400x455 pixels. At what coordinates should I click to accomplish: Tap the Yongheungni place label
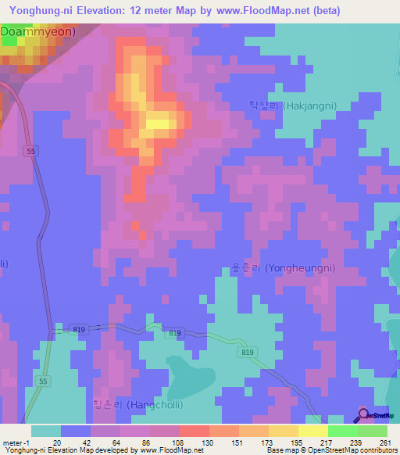pyautogui.click(x=284, y=267)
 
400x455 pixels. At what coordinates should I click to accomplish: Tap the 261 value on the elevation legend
pyautogui.click(x=386, y=442)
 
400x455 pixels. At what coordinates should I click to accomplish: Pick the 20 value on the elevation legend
pyautogui.click(x=57, y=442)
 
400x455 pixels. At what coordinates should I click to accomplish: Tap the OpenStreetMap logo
pyautogui.click(x=375, y=414)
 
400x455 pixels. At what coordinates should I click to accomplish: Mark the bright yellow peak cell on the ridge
pyautogui.click(x=159, y=122)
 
